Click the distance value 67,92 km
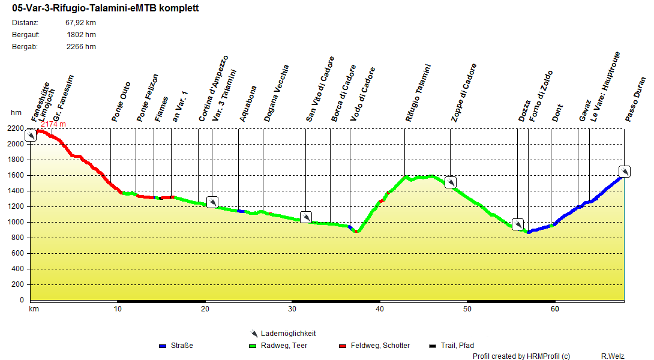click(80, 23)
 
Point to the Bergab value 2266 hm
click(81, 47)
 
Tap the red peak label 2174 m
click(53, 124)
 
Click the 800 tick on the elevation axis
click(19, 238)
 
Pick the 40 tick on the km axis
click(379, 309)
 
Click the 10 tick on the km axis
click(117, 309)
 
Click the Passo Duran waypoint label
click(635, 99)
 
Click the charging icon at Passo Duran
click(625, 172)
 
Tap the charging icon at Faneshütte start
click(31, 136)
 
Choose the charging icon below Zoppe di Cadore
click(451, 182)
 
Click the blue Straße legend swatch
click(162, 346)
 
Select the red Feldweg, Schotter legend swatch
click(343, 346)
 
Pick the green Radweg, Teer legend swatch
click(252, 346)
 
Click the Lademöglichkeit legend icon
click(254, 334)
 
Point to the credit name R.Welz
click(613, 356)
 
